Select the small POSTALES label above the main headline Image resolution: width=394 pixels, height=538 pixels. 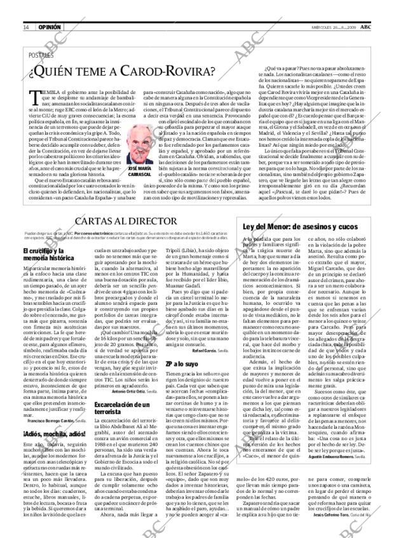pyautogui.click(x=41, y=55)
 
